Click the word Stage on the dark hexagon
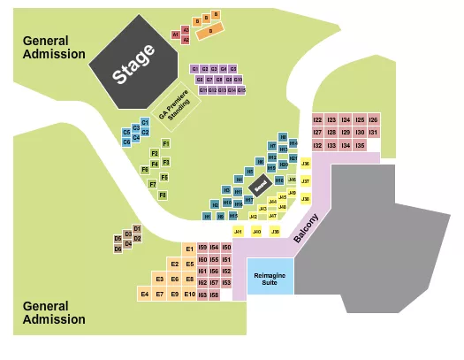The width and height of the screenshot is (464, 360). tap(134, 65)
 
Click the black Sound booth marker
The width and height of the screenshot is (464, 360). tap(260, 187)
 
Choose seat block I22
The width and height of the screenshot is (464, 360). tap(317, 119)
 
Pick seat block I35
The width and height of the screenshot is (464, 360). tap(359, 144)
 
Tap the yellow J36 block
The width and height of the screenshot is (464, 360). tap(306, 164)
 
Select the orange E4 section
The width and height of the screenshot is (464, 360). tap(145, 293)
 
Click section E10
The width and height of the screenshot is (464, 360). tap(189, 293)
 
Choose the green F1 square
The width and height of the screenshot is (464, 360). tap(165, 143)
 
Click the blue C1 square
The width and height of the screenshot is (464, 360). tap(145, 123)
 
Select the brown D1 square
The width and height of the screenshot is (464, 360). tap(137, 228)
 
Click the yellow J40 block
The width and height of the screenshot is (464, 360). tap(256, 232)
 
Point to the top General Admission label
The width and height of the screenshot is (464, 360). tap(54, 47)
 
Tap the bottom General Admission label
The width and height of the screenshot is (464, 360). tap(54, 313)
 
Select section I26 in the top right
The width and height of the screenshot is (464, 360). tap(373, 119)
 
